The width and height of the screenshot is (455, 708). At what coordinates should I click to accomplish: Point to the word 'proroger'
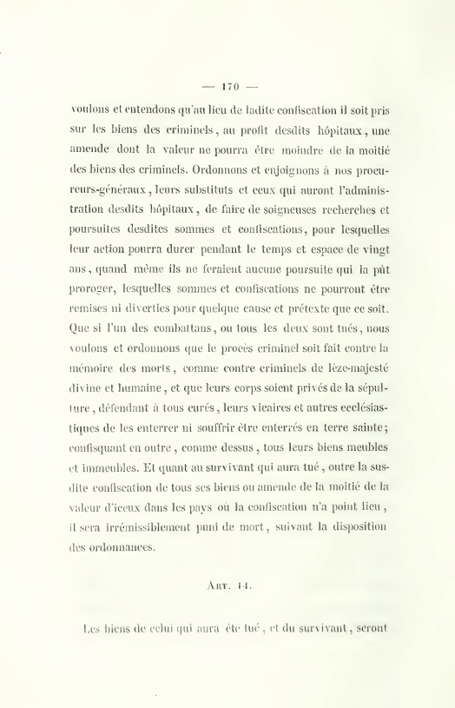97,284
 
